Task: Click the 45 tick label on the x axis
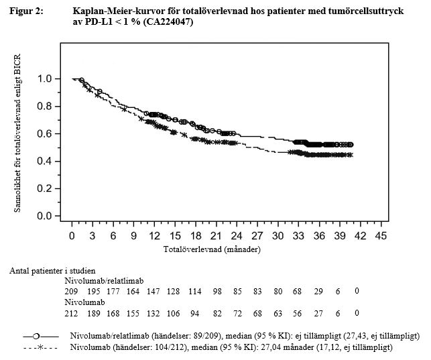381,236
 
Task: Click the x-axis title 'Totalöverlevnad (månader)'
212,249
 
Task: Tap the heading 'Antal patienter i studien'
52,270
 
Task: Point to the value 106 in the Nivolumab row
175,313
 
